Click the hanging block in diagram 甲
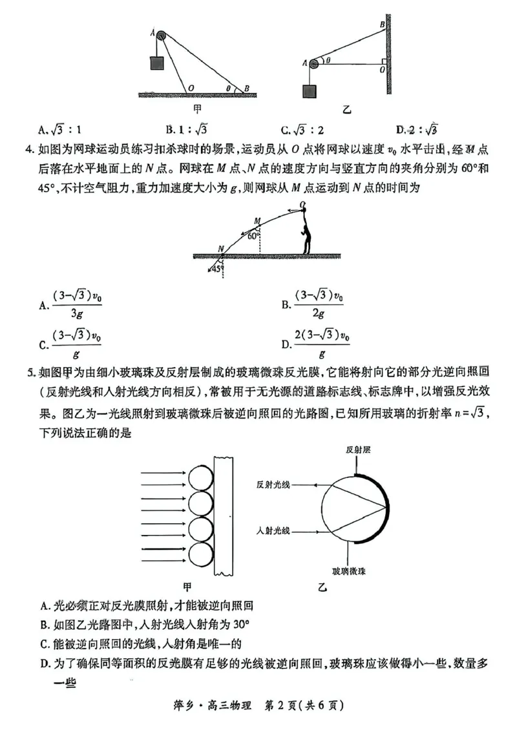[157, 62]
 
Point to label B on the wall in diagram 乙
[383, 25]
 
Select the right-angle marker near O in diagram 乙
[384, 61]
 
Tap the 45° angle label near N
[216, 269]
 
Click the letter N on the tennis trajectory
[221, 248]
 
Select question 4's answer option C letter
[43, 345]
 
